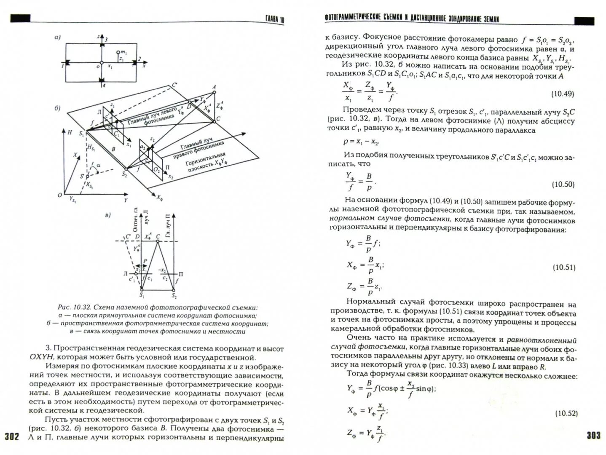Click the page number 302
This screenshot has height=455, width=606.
(12, 436)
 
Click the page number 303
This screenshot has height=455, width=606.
(593, 435)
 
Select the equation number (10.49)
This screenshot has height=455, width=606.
(563, 94)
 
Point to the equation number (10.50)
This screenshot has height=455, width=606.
(563, 184)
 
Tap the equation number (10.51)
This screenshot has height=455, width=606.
(564, 267)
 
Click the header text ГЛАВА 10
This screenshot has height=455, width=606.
(274, 19)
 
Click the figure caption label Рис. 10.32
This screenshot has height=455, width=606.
(74, 308)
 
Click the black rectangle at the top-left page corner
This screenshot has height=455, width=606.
(20, 18)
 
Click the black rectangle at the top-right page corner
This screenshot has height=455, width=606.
(584, 21)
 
